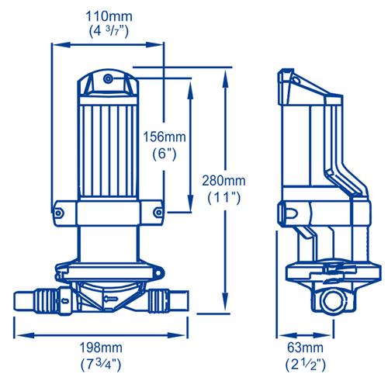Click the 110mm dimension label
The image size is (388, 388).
[x=109, y=16]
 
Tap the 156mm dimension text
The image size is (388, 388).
[x=165, y=137]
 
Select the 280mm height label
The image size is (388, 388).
[x=223, y=181]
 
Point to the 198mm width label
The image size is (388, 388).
[x=101, y=348]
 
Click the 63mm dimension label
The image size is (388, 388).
[x=305, y=348]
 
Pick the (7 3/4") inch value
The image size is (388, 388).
[x=101, y=365]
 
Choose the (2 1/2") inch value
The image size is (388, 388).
[x=306, y=365]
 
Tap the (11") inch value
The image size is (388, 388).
[x=224, y=198]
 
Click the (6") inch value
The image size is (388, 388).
[x=165, y=154]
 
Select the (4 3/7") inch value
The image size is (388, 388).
[x=109, y=32]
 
